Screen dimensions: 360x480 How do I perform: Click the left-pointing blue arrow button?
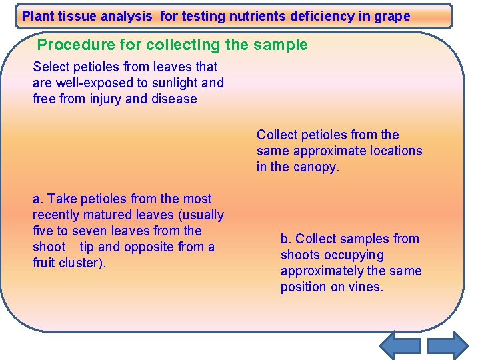pos(399,345)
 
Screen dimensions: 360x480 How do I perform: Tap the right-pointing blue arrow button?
pos(448,345)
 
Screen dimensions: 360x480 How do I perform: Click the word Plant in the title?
pos(39,16)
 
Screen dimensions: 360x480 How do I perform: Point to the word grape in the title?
pos(393,16)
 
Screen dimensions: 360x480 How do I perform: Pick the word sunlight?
pos(173,83)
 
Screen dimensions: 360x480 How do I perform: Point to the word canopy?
pos(316,167)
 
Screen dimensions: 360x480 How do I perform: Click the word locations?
pos(393,151)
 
